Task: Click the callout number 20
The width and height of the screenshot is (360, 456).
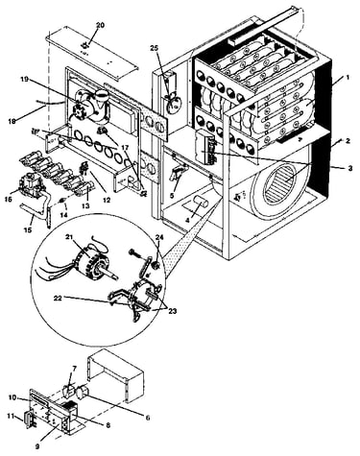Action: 100,26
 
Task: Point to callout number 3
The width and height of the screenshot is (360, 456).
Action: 350,168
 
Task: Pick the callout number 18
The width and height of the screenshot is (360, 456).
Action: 12,122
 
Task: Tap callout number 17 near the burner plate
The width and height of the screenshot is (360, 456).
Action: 124,149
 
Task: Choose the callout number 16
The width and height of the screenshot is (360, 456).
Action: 9,200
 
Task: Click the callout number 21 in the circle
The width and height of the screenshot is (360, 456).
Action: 69,237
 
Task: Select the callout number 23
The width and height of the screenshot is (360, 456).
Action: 172,311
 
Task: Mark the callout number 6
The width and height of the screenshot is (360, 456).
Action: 147,418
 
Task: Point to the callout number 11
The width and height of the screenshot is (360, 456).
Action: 11,416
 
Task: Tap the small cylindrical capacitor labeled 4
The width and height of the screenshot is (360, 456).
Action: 201,203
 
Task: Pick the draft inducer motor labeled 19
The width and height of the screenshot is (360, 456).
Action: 91,104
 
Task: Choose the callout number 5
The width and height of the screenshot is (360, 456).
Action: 173,196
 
